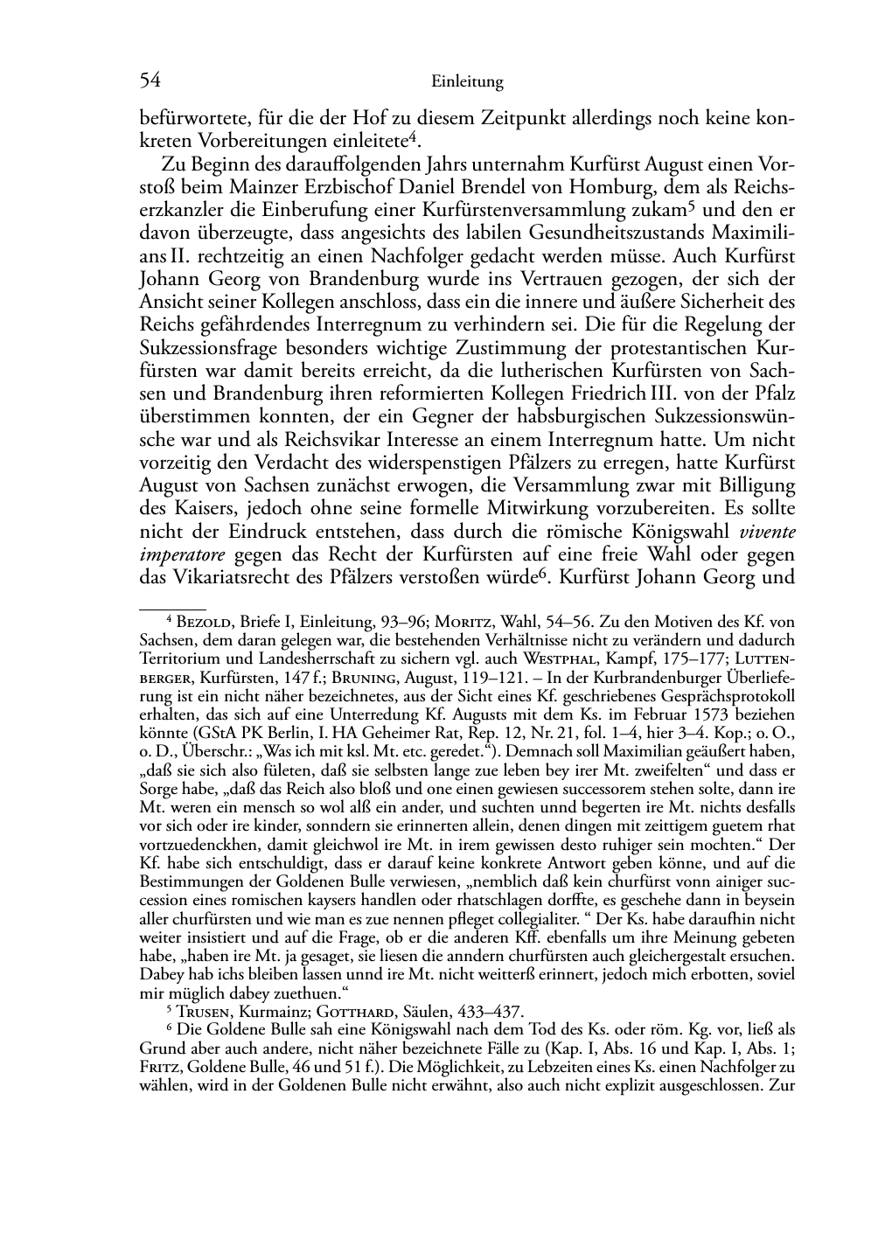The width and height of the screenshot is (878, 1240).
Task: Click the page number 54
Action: click(150, 81)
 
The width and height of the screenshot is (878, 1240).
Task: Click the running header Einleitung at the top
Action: click(467, 82)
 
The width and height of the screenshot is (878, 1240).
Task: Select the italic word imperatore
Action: click(183, 554)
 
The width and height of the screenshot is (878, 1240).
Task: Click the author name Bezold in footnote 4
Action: click(207, 622)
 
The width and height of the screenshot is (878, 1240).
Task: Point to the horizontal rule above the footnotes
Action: click(172, 603)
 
